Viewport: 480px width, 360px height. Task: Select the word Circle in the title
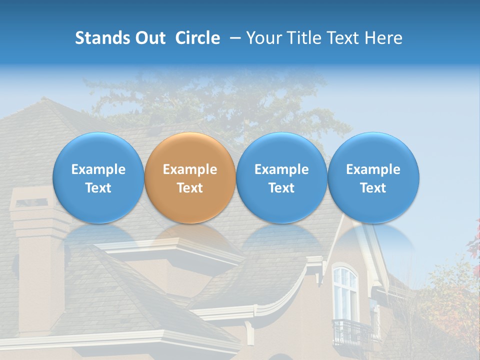[x=197, y=38]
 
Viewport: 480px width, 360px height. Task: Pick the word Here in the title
[x=383, y=38]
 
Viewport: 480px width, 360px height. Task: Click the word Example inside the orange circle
[x=190, y=169]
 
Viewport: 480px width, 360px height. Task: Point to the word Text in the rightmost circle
[x=373, y=188]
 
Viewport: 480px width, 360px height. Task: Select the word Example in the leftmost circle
[x=98, y=169]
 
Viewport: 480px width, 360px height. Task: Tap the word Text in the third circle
[x=281, y=188]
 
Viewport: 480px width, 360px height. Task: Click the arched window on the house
[x=345, y=292]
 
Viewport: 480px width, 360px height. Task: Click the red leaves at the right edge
[x=474, y=240]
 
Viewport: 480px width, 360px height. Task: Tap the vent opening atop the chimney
[x=31, y=202]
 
